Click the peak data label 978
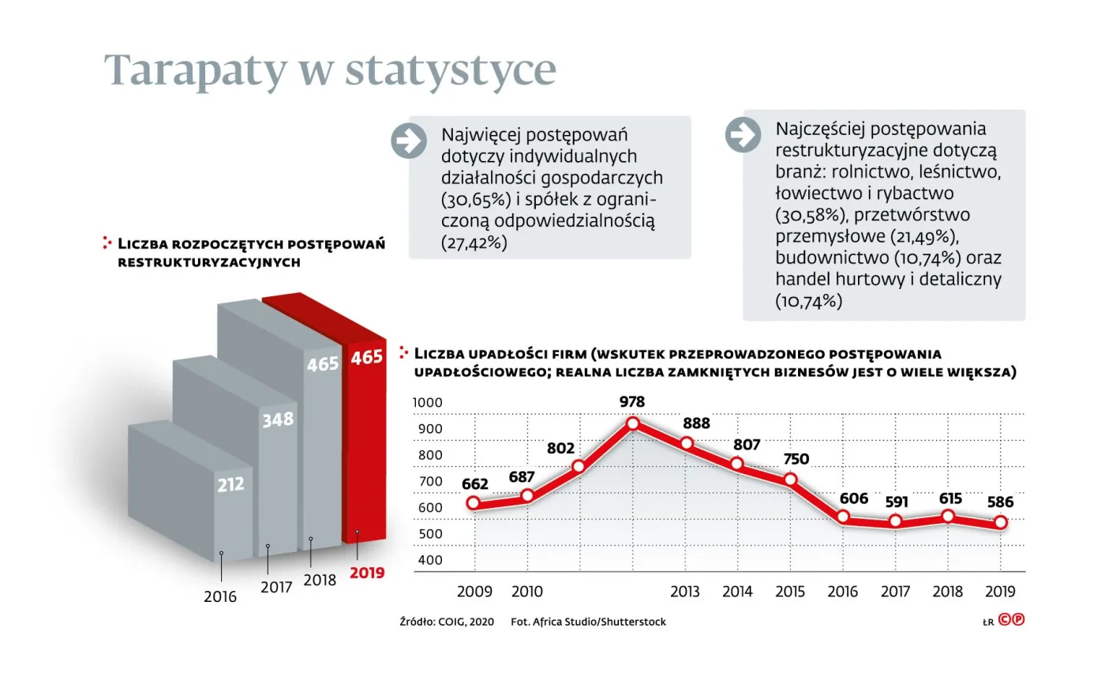coord(631,402)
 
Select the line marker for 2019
coord(1000,522)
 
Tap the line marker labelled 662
coord(474,503)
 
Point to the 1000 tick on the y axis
coord(428,403)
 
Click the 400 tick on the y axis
coord(430,560)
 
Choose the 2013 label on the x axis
coord(684,592)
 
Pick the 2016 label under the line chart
coord(842,592)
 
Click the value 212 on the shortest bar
coord(230,484)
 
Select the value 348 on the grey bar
coord(278,419)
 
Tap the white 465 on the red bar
coord(366,358)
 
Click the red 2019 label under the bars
coord(367,573)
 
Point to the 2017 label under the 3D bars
coord(276,587)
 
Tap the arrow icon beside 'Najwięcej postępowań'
coord(409,141)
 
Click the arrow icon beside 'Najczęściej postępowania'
coord(743,134)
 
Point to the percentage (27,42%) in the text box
coord(474,242)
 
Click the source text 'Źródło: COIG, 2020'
coord(447,622)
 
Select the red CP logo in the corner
coord(1011,619)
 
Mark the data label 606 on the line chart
coord(853,498)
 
